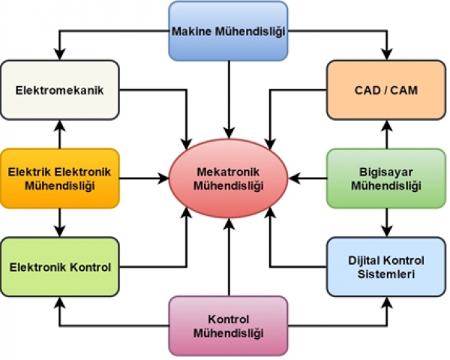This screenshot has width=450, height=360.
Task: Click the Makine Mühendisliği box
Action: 228,31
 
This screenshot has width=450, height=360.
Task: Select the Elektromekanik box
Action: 59,91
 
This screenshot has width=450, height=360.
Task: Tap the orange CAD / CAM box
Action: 386,91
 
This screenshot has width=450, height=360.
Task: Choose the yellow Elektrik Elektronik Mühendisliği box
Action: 59,178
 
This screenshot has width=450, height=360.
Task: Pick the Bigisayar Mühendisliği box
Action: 387,178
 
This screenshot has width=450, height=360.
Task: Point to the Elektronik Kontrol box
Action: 59,266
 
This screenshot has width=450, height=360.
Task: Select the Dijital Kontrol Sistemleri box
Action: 387,267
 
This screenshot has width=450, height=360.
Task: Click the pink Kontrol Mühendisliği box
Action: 228,325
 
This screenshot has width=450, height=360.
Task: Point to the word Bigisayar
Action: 387,172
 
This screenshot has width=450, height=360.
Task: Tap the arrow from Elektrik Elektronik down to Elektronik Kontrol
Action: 59,222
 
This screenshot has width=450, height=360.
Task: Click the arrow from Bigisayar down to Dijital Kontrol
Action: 387,222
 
